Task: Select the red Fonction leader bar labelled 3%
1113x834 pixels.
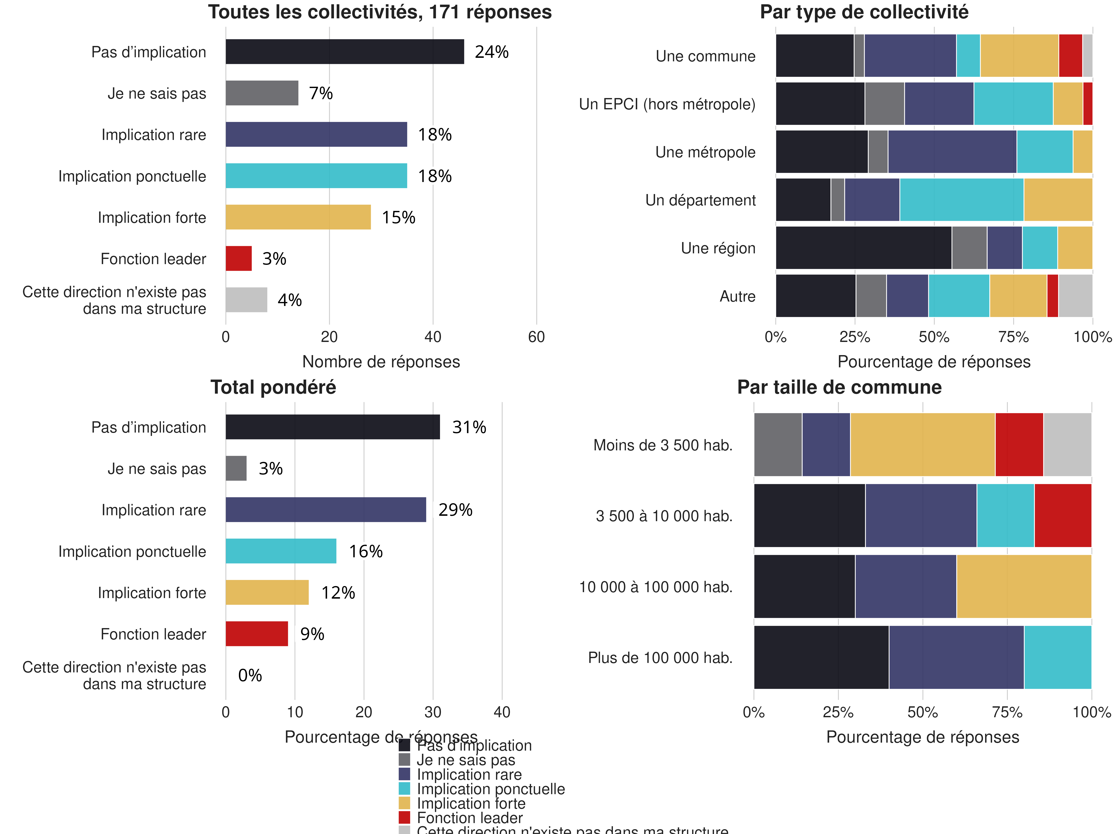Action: coord(239,258)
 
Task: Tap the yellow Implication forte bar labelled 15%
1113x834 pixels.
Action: coord(298,217)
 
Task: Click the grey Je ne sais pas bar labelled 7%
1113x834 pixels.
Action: coord(262,93)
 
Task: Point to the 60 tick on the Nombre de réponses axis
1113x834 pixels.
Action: coord(536,337)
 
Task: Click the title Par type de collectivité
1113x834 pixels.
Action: coord(864,12)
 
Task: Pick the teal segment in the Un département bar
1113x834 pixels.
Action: coord(961,200)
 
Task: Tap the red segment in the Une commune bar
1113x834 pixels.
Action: coord(1070,56)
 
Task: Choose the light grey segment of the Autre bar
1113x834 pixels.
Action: coord(1075,296)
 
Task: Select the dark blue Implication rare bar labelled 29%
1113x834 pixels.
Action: coord(326,510)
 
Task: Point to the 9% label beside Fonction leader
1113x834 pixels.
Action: coord(312,634)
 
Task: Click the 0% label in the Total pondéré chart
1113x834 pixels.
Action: coord(250,675)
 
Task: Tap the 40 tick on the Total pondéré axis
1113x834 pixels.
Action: coord(502,712)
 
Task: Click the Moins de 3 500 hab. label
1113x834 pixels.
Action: coord(663,445)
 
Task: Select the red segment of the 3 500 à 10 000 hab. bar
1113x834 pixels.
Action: coord(1063,515)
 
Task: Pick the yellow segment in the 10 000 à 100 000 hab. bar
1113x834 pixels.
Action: coord(1023,586)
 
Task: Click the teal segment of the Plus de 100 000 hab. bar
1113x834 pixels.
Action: coord(1058,657)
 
